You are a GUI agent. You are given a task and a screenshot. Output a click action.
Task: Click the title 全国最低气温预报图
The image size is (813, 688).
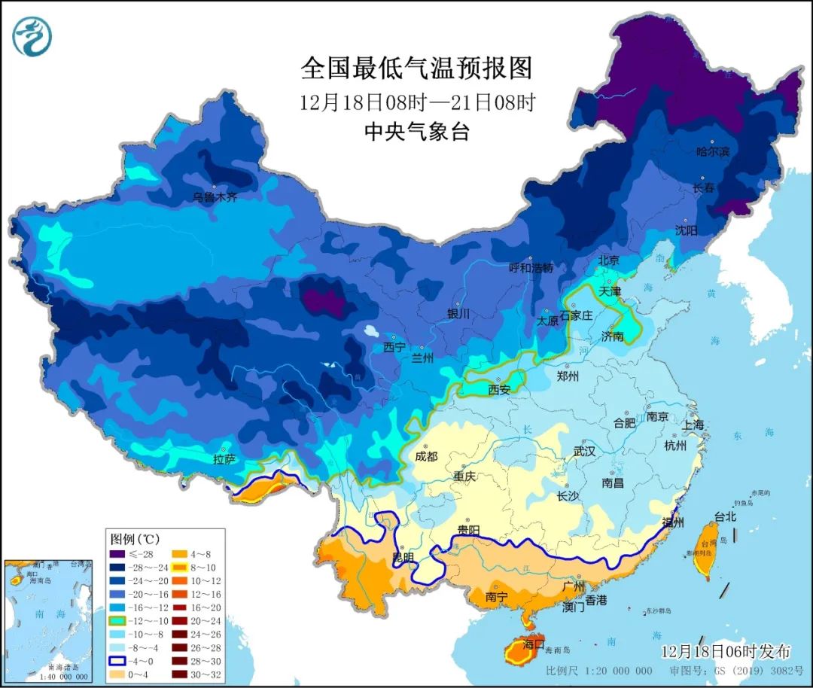point(416,68)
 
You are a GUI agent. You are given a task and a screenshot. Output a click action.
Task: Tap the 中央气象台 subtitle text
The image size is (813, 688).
point(416,132)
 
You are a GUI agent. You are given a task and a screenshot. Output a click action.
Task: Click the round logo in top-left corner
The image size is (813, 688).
point(32,36)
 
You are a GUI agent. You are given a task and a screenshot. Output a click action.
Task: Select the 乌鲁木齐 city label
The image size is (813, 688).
point(215,198)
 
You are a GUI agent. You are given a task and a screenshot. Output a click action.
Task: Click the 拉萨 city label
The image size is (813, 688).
point(224,458)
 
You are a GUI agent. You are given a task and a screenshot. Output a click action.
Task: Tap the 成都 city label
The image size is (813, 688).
point(426,456)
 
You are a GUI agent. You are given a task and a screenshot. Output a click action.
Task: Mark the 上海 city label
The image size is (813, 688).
point(693,425)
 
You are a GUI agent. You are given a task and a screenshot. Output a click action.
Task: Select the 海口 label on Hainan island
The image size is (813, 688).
point(533,644)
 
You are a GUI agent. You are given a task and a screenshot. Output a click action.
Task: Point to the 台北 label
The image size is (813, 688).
point(726,517)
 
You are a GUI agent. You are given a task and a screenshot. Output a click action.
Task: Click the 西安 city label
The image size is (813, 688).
point(499,389)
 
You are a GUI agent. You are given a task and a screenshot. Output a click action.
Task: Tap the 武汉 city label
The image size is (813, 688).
point(584,451)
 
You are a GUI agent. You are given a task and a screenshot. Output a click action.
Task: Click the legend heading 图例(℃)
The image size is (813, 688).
point(135,539)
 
